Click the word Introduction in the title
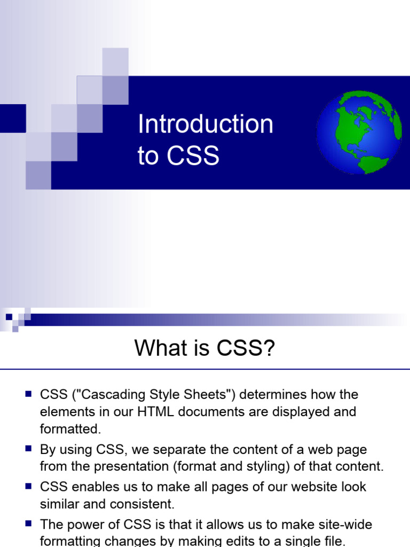(x=206, y=124)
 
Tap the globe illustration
(x=359, y=132)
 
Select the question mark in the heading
(x=269, y=349)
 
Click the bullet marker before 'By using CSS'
(x=28, y=449)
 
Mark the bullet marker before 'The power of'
(x=28, y=524)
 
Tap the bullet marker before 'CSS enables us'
(x=28, y=486)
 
